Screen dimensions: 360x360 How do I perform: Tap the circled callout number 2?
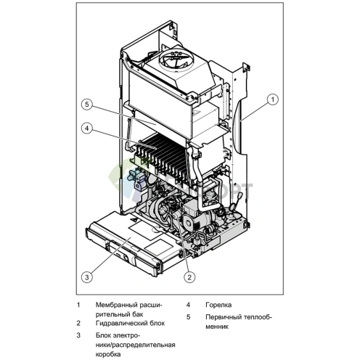point(188,277)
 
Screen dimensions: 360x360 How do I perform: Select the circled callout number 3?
point(86,276)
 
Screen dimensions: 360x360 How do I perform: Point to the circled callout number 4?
point(86,129)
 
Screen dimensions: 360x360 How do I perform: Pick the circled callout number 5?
point(86,105)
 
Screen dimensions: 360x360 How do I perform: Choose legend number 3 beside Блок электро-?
point(78,335)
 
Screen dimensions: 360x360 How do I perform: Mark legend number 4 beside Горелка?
point(188,305)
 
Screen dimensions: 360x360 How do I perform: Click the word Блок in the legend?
point(104,335)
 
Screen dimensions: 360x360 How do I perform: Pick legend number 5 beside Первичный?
point(188,317)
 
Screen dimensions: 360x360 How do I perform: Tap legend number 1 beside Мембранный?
point(78,305)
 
